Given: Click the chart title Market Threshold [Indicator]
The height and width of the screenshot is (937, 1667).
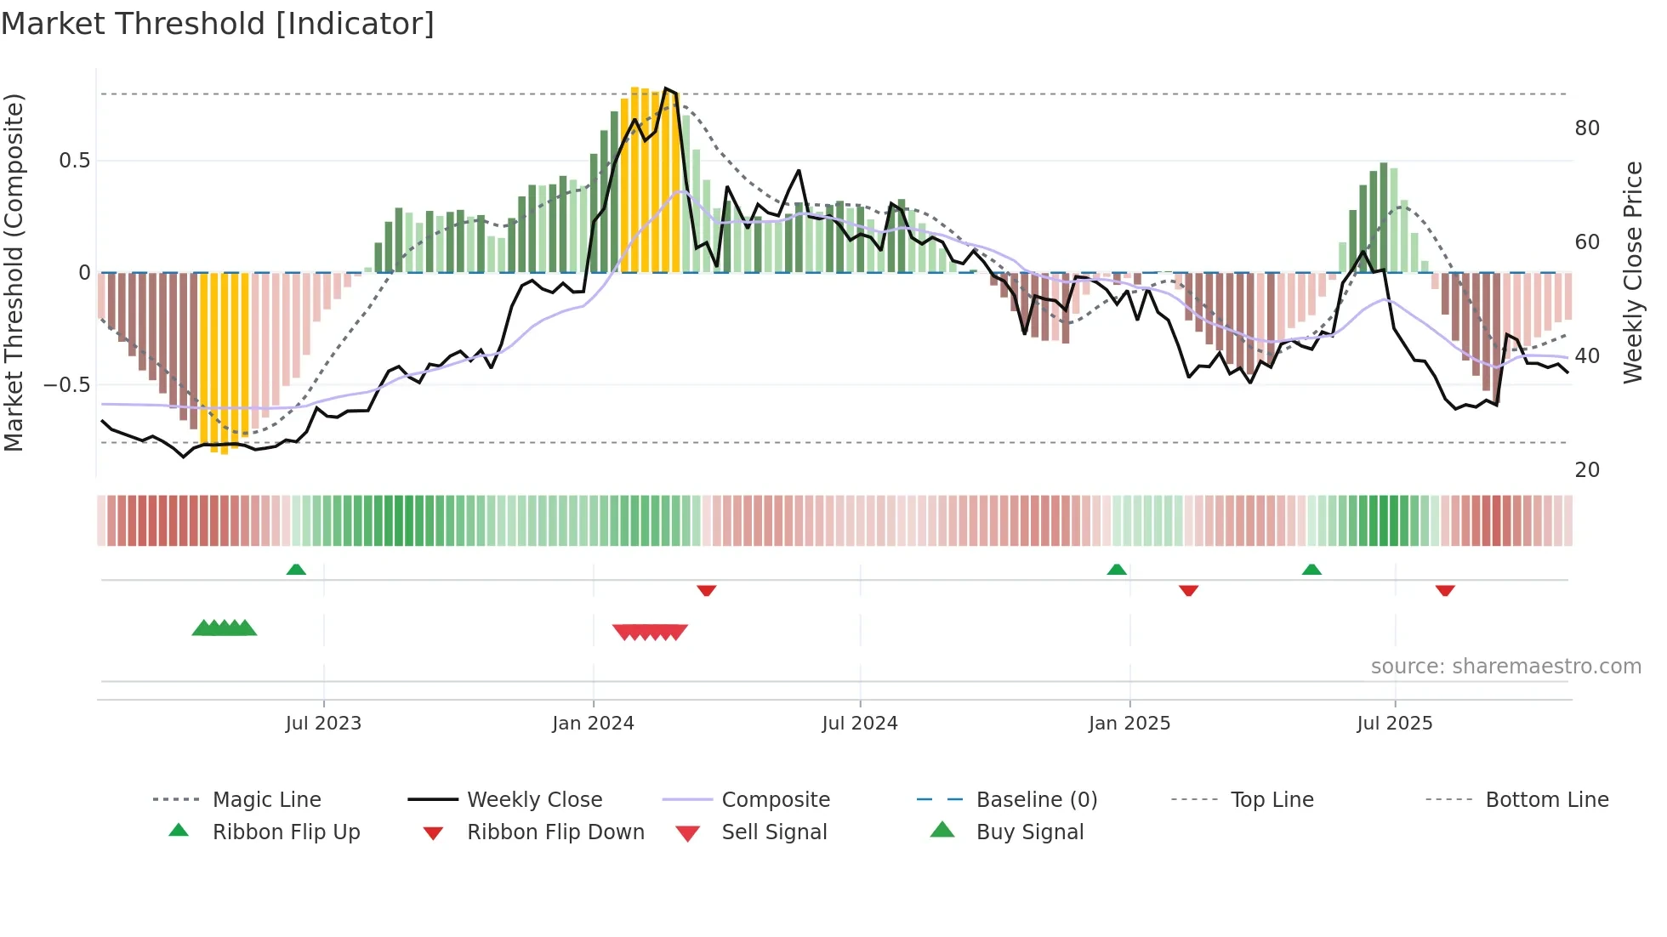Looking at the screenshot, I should [x=218, y=24].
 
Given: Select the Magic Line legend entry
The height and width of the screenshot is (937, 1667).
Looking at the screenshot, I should [x=266, y=800].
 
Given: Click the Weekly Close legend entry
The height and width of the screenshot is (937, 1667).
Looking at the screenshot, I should [x=534, y=800].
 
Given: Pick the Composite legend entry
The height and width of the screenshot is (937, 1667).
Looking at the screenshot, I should [x=775, y=800].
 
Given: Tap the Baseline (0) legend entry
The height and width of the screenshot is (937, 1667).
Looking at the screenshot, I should [x=1036, y=800].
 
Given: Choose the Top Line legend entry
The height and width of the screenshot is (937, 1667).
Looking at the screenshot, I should [x=1272, y=800].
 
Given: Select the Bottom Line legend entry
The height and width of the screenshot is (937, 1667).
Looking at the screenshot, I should [x=1546, y=800].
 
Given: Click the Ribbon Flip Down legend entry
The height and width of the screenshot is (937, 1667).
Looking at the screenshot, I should [x=555, y=832].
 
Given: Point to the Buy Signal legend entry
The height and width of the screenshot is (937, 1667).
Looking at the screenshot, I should [x=1029, y=832].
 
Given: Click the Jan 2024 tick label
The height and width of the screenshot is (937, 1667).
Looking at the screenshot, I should [x=593, y=724].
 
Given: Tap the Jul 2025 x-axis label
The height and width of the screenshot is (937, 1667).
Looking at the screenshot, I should [x=1394, y=724].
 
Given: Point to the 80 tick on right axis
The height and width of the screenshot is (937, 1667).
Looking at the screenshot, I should [x=1586, y=128].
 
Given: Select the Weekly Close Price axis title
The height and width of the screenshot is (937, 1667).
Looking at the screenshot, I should [x=1632, y=272].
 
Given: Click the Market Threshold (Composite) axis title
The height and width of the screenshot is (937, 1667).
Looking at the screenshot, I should [x=14, y=272].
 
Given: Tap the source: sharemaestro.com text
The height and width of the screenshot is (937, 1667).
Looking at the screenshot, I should [x=1505, y=667].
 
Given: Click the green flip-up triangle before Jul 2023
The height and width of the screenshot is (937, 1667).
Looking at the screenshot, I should [x=296, y=570].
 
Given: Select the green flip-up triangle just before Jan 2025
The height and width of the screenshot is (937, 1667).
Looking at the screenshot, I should [x=1117, y=570].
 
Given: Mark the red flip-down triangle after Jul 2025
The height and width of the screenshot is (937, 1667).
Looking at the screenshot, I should [x=1445, y=590].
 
